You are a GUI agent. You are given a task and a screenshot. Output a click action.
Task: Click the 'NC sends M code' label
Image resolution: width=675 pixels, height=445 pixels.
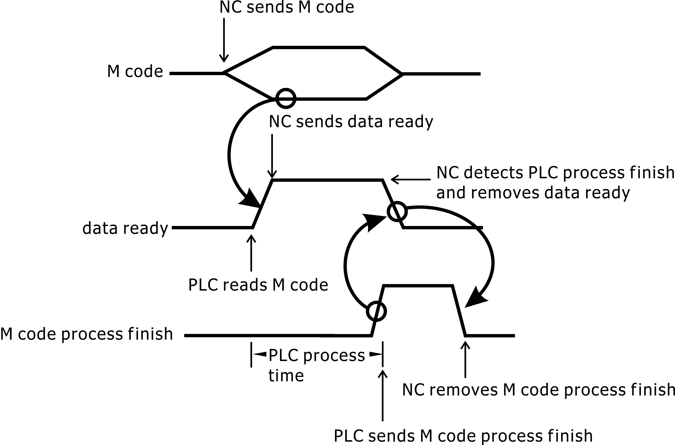coord(286,7)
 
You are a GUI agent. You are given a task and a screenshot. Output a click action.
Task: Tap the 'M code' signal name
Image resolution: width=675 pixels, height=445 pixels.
coord(135,71)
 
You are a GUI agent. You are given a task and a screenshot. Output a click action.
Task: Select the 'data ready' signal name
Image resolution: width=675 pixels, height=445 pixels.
coord(125,228)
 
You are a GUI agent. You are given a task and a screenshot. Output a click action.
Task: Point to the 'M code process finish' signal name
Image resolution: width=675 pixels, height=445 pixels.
coord(86,334)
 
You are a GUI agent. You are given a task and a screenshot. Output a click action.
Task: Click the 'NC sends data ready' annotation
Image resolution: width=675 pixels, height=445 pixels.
coord(351,122)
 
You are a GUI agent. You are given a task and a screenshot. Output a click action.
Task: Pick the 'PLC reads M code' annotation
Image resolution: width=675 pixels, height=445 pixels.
coord(258,285)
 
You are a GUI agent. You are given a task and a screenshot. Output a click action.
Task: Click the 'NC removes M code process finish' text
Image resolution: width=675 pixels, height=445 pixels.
coord(538,390)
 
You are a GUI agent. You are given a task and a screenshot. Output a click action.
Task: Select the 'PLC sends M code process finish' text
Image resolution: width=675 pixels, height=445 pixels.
coord(463,436)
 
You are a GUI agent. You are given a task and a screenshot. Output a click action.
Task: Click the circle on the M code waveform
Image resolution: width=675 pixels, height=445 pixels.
coord(286,99)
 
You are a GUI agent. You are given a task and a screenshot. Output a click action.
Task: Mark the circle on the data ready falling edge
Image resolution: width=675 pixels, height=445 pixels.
coord(397,211)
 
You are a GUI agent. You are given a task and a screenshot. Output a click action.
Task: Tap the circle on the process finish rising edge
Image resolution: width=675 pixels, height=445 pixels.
coord(376,311)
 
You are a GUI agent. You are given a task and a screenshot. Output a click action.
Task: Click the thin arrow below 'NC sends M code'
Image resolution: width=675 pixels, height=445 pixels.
coord(224,40)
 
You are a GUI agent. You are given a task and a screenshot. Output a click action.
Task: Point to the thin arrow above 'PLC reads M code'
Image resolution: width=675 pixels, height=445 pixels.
coord(251,253)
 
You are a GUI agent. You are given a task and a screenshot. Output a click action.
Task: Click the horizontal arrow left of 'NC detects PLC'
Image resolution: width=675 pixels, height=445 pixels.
coord(410,179)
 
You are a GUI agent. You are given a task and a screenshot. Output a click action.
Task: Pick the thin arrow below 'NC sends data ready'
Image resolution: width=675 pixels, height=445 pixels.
coord(272,156)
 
